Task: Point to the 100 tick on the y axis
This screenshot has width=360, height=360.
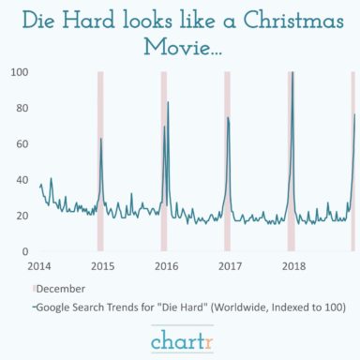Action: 20,72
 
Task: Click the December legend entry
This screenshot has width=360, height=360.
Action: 62,289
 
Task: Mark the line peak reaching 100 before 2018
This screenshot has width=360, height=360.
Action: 292,73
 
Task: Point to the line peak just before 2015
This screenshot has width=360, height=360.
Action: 101,138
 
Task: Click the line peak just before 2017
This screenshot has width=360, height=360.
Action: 227,117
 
